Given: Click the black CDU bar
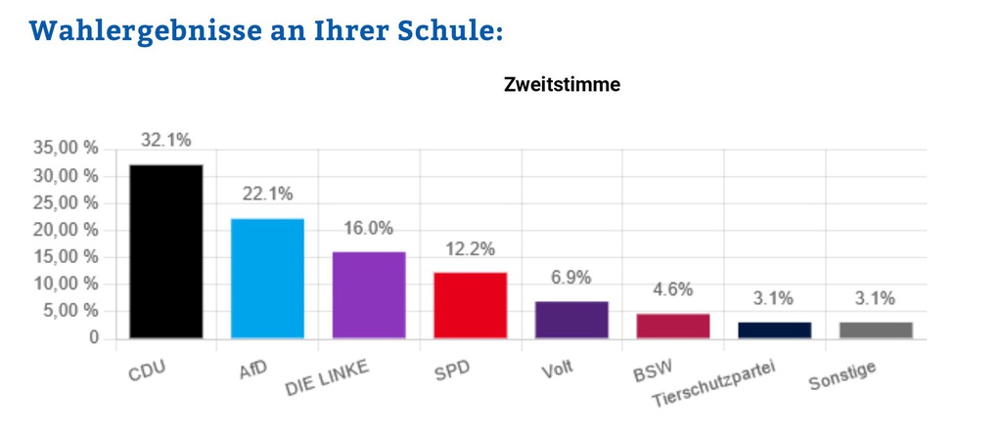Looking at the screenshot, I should [x=166, y=251].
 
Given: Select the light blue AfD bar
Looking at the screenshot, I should [x=267, y=279].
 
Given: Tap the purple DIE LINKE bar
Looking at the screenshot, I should [x=369, y=295].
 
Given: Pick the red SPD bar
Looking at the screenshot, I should [x=471, y=305].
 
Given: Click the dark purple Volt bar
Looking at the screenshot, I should [x=571, y=320].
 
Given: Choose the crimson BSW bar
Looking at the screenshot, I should [x=673, y=326].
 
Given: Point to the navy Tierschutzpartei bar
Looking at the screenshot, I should [x=774, y=329].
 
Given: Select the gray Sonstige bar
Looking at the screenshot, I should [x=876, y=329].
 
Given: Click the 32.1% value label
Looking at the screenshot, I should [x=166, y=141].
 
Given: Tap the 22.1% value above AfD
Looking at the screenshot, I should [x=267, y=195].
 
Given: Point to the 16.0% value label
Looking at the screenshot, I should [x=369, y=228].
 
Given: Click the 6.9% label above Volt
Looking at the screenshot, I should [x=571, y=278].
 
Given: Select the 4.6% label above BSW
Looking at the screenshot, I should [x=673, y=289].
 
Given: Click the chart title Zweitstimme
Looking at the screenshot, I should [x=562, y=85].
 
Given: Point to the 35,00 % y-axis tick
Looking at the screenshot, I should [x=66, y=149].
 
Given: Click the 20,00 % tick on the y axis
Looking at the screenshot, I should [x=66, y=230].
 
